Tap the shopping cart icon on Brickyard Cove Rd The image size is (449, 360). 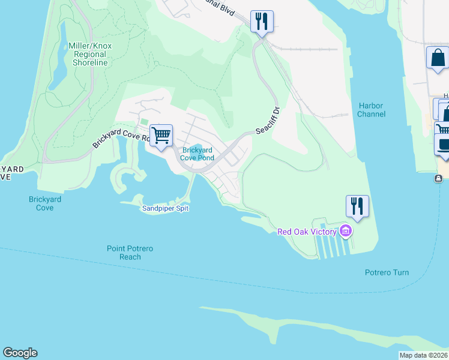point(161,136)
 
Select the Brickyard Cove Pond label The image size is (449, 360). point(198,154)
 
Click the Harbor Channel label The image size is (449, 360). point(370,110)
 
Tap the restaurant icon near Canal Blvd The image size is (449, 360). point(262,22)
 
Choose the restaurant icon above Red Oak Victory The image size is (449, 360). point(357,206)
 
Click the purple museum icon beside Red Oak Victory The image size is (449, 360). point(345,231)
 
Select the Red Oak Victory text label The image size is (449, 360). point(307,232)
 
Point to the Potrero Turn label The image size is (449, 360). point(387,272)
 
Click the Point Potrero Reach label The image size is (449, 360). point(124,253)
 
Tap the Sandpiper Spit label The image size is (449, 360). point(165,208)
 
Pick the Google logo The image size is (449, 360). point(20,353)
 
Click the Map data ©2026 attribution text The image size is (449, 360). point(423,355)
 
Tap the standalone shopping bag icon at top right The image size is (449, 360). point(438,59)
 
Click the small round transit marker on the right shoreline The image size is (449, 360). point(439,178)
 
